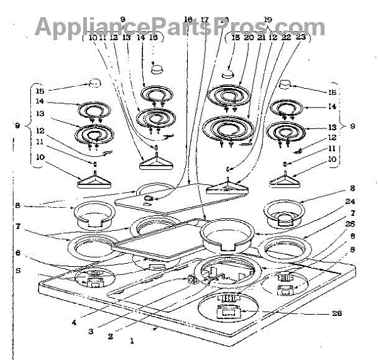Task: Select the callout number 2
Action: click(110, 337)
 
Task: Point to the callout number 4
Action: click(74, 322)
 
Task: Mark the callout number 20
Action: click(248, 38)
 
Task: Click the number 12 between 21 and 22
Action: click(273, 38)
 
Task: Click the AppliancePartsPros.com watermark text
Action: click(180, 26)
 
